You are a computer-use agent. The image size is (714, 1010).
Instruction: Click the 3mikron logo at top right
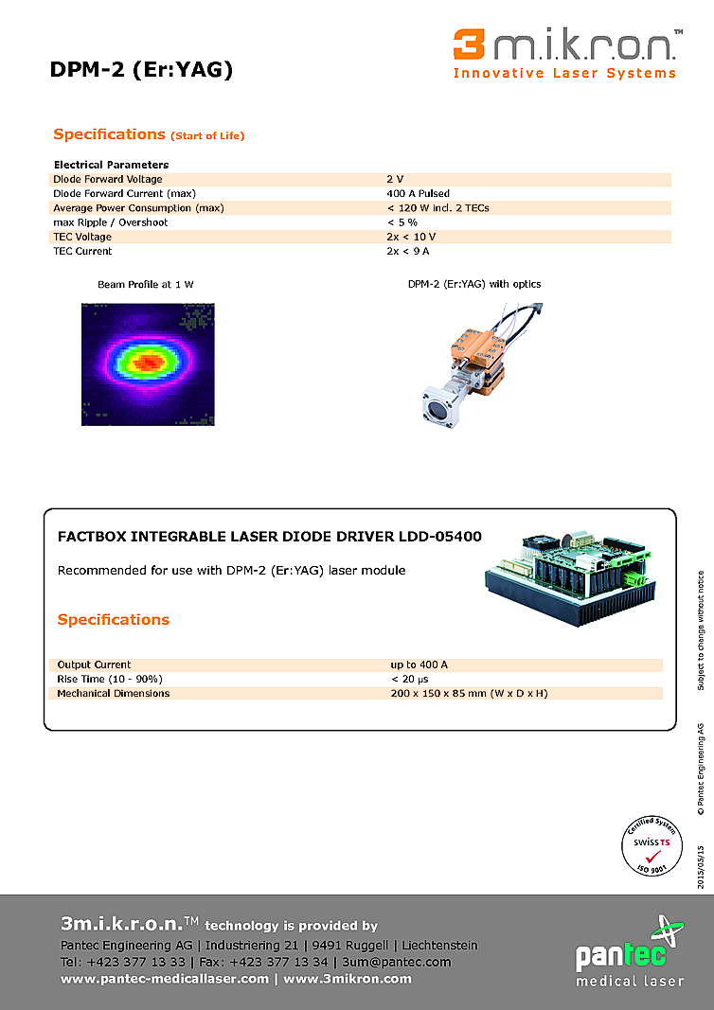(566, 53)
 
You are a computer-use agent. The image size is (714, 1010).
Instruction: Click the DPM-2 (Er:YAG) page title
(141, 69)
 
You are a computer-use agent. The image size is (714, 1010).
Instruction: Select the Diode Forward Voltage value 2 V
(395, 179)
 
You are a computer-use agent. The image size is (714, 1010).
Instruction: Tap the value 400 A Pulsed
(418, 193)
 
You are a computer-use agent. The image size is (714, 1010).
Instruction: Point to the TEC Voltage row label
(82, 237)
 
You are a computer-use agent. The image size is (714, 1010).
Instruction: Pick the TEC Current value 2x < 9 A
(408, 251)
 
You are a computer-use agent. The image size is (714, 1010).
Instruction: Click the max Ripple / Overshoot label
(110, 222)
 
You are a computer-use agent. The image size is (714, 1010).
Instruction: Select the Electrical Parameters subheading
(111, 165)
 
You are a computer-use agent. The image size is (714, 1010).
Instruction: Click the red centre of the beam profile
(147, 361)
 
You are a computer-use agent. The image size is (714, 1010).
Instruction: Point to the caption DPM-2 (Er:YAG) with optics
(474, 284)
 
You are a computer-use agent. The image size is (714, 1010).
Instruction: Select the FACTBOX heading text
(270, 537)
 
